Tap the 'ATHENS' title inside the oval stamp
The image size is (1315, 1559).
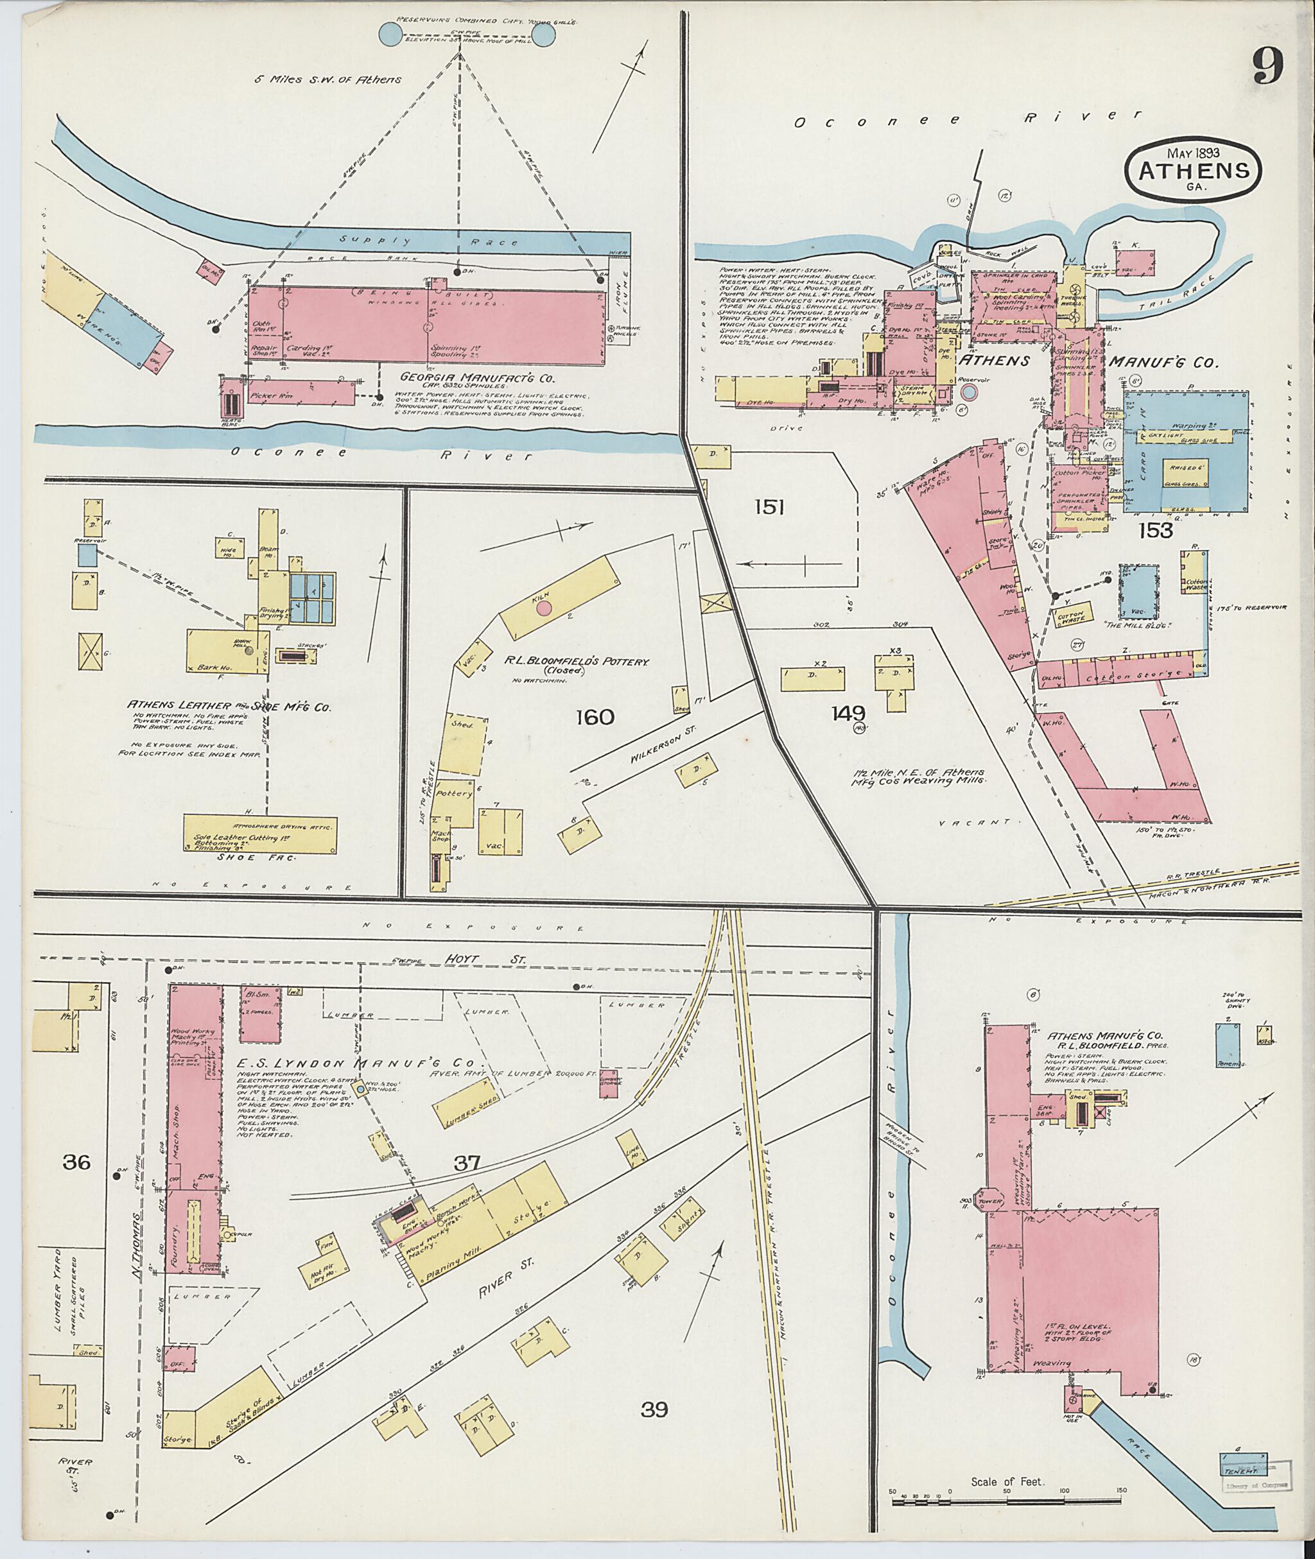coord(1194,170)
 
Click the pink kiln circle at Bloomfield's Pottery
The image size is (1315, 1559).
coord(544,607)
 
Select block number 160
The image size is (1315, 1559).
coord(595,717)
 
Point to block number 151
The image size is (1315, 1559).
coord(769,508)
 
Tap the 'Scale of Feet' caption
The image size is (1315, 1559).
coord(1007,1481)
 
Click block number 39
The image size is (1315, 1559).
coord(654,1409)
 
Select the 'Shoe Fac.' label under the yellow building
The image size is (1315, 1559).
coord(256,857)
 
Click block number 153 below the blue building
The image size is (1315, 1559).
coord(1156,530)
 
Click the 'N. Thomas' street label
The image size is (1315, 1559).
coord(137,1239)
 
